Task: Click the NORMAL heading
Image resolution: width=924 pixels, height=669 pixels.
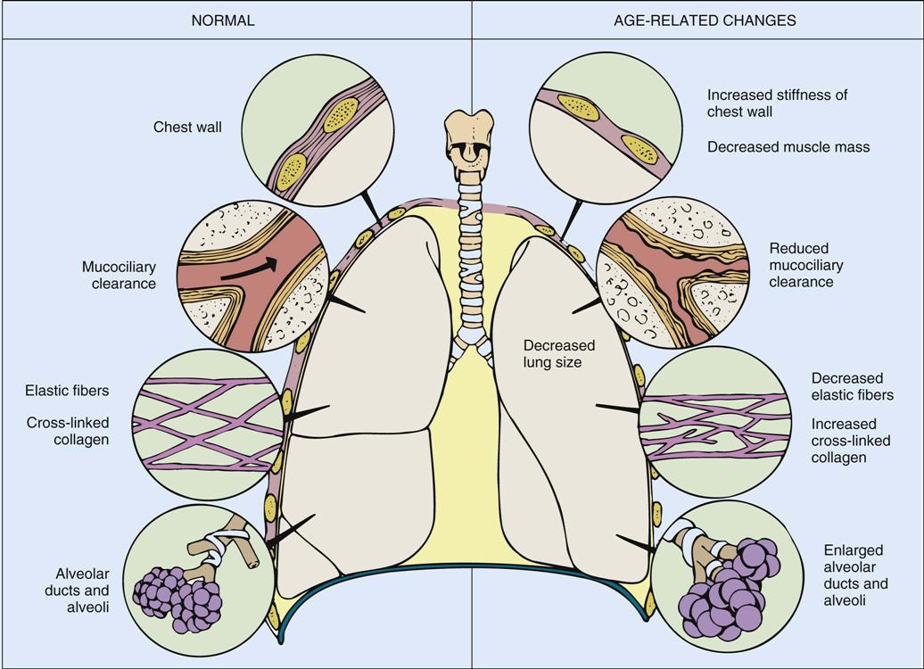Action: point(223,21)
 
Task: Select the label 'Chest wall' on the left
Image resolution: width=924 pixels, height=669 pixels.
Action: point(187,128)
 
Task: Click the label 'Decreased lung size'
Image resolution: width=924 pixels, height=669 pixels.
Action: point(558,354)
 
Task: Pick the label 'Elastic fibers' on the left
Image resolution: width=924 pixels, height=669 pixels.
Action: point(68,390)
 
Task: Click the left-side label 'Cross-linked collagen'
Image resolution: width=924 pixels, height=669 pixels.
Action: point(68,432)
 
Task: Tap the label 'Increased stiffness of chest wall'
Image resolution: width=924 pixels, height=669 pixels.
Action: point(778,103)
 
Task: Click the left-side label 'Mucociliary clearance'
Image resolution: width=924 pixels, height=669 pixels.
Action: point(119,276)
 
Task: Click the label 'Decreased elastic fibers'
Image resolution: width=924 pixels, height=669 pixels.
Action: point(853,387)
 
